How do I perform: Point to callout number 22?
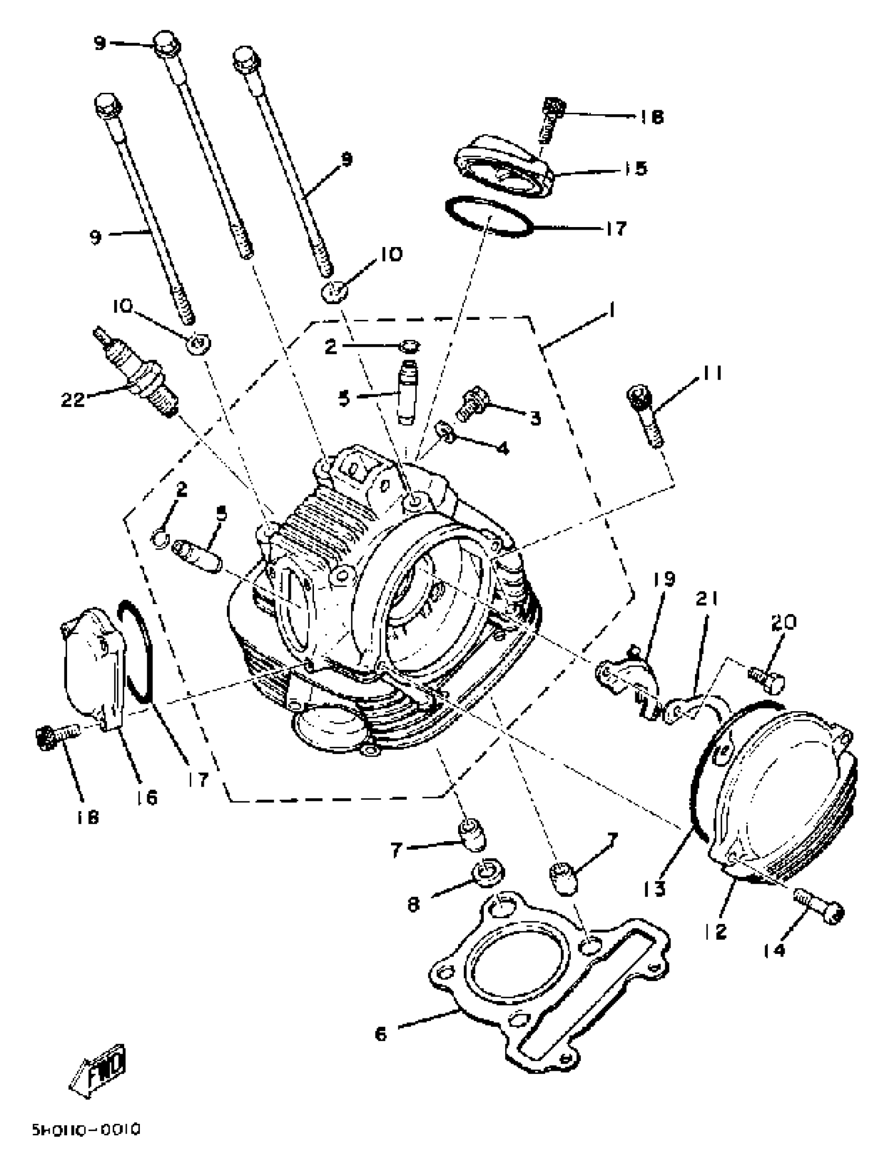(73, 399)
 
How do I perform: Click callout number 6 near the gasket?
(381, 1034)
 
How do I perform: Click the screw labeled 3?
(472, 405)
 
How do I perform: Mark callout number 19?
(664, 579)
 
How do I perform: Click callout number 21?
(707, 599)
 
